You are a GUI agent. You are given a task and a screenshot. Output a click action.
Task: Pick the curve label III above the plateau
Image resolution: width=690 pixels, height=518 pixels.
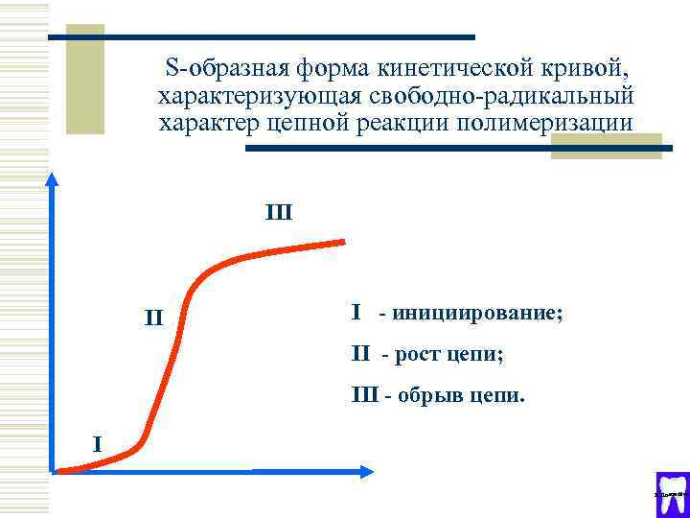coord(278,211)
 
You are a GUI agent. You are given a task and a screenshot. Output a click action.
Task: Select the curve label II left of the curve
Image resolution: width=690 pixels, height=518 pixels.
coord(153,316)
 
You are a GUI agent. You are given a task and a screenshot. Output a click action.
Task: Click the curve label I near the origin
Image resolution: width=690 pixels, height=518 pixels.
coord(96,443)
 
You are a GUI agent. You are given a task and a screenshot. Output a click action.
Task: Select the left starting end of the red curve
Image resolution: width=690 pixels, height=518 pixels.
coord(59,470)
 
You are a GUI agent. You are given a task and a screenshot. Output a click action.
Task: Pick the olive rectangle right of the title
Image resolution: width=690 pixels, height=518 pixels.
coord(606,145)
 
